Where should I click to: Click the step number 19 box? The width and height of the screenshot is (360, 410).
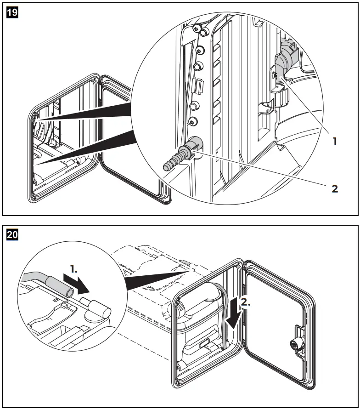(x=12, y=12)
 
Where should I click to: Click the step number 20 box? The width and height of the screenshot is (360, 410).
(x=12, y=234)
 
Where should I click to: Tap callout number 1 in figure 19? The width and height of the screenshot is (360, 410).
(x=335, y=141)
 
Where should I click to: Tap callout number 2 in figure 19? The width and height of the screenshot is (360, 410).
(x=335, y=189)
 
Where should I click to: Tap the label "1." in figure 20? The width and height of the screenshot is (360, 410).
(x=74, y=269)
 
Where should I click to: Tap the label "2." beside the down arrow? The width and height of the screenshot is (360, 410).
(x=246, y=302)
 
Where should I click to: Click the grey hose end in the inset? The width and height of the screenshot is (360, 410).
(x=60, y=286)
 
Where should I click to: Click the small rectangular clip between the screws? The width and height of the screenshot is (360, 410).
(x=198, y=85)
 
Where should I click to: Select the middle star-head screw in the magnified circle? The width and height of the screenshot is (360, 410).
(x=200, y=50)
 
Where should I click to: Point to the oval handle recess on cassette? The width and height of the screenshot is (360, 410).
(x=205, y=344)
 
